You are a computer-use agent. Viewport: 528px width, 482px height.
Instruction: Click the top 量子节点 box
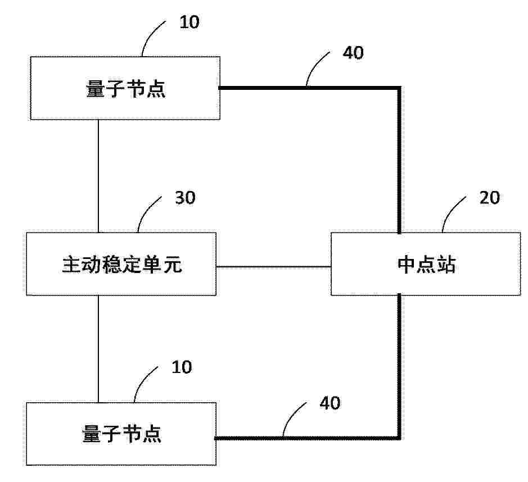pos(125,88)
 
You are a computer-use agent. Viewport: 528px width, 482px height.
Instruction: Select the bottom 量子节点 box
pos(121,434)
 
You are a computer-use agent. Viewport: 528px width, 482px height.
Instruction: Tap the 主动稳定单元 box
pos(121,264)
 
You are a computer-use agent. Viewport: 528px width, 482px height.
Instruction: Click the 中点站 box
pos(426,264)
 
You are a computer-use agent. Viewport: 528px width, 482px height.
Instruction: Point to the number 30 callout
pos(185,198)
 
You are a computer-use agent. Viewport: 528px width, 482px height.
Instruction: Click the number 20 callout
pos(490,198)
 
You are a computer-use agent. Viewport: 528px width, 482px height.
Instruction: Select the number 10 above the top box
pos(189,22)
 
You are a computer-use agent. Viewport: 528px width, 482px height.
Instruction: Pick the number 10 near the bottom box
pos(182,367)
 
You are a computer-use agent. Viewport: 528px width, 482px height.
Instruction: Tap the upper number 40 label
pos(353,53)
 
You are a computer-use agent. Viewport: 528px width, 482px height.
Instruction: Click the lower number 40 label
pos(330,403)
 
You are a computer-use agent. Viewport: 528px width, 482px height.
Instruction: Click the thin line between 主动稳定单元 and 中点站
pos(273,267)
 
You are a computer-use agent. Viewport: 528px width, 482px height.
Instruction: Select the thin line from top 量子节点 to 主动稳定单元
pos(98,176)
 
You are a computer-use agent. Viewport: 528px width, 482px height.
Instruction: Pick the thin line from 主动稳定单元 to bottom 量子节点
pos(98,349)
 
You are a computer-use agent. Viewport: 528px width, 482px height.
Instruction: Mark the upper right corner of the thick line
pos(399,88)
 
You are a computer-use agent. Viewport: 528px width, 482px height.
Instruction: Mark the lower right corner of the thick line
pos(399,438)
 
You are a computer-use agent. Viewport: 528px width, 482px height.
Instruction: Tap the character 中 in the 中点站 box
pos(407,265)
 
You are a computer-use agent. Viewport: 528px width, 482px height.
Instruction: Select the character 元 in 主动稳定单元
pos(173,265)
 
